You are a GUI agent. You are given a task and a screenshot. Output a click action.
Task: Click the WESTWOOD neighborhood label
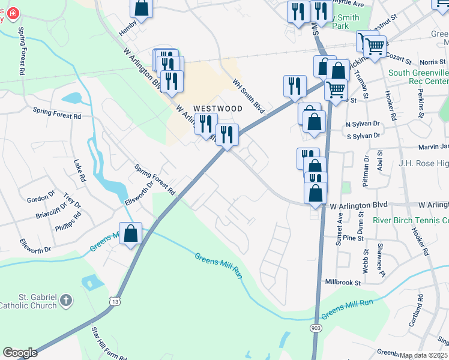click(217, 109)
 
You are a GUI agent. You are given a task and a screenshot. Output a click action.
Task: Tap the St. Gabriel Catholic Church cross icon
click(67, 299)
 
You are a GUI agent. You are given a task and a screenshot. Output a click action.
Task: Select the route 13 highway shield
click(115, 299)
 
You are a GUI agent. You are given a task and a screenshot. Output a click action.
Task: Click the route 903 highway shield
click(316, 328)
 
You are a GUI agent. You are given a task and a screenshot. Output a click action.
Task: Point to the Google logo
click(20, 353)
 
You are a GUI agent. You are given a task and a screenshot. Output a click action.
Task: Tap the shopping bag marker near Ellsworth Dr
click(131, 234)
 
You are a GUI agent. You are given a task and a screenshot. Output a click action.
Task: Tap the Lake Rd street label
click(79, 170)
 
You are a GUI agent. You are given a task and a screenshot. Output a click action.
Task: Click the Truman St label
click(363, 79)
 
